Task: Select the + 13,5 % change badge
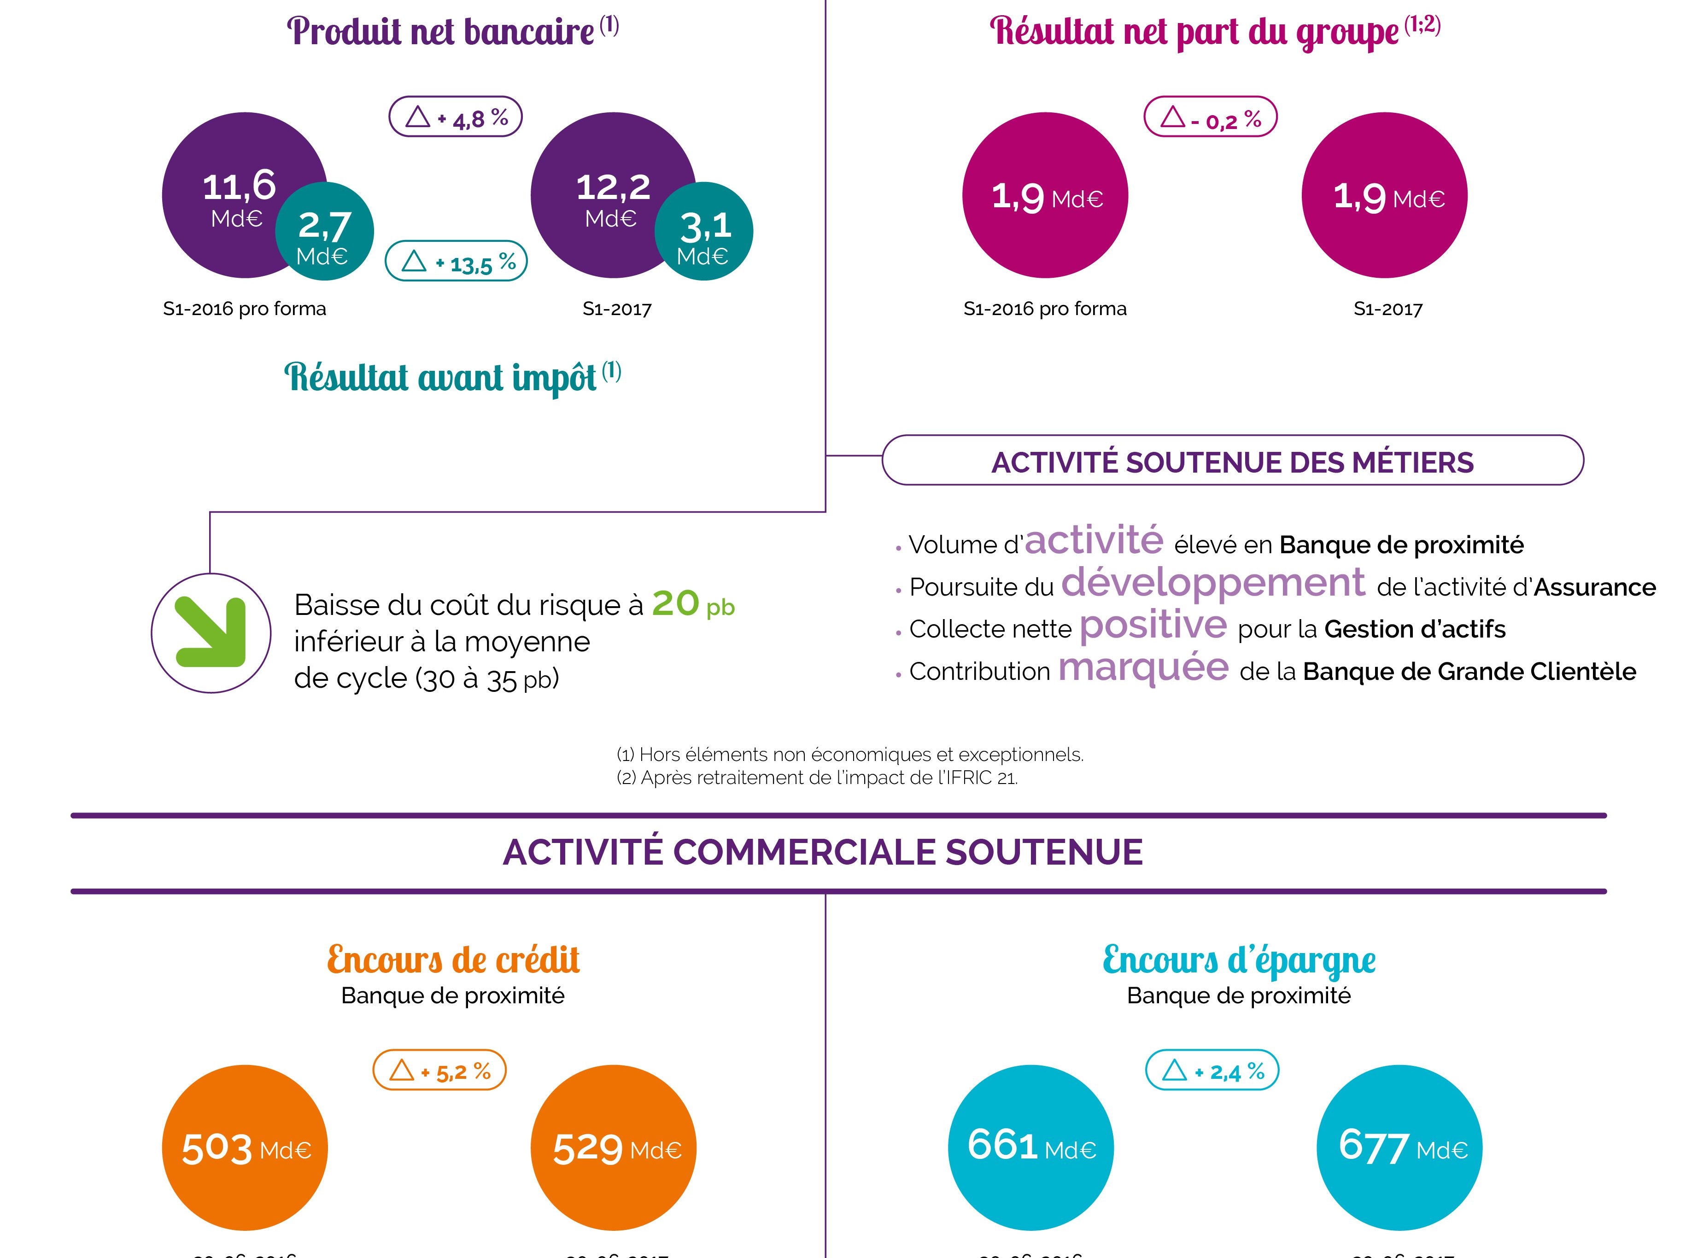click(x=456, y=261)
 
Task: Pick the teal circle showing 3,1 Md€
click(x=703, y=232)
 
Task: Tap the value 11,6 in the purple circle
click(x=239, y=186)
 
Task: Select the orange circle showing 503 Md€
click(x=245, y=1147)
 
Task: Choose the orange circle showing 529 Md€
click(x=613, y=1147)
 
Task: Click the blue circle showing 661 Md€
click(x=1030, y=1147)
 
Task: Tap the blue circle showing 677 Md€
click(x=1399, y=1147)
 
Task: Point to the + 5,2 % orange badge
click(x=439, y=1070)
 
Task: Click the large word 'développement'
click(x=1212, y=583)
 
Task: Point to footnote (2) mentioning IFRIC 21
click(x=816, y=778)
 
